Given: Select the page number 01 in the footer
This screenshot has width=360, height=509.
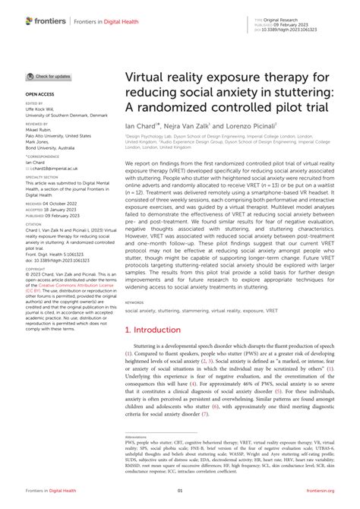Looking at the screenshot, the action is point(180,492).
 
